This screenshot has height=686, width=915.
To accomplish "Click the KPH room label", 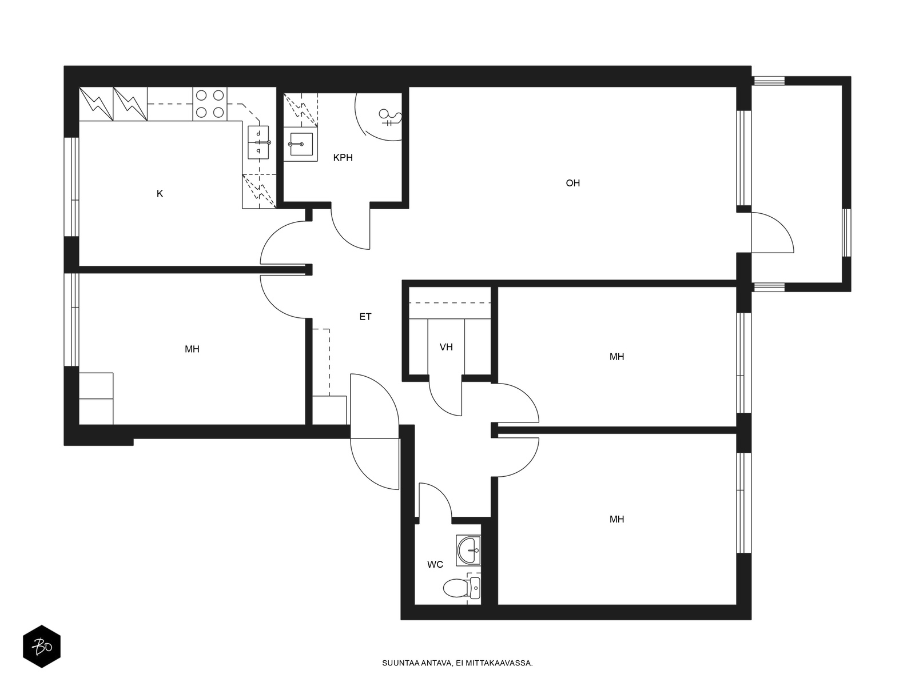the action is click(343, 157).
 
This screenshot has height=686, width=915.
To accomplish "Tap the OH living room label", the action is click(572, 183).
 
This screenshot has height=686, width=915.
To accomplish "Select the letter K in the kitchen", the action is click(160, 193).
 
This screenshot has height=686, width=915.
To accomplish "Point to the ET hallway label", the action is click(365, 317).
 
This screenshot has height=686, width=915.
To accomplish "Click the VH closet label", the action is click(446, 347).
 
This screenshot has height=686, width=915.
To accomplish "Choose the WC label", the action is click(435, 564).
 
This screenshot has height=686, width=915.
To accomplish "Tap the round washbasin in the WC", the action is click(468, 550).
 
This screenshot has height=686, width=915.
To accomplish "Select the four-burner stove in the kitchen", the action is click(210, 104).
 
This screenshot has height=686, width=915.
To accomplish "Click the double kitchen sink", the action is click(258, 142).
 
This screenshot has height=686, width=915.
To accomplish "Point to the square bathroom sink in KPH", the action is click(301, 144).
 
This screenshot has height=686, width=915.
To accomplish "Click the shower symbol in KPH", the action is click(390, 117).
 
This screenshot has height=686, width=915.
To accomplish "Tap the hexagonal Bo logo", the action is click(42, 647).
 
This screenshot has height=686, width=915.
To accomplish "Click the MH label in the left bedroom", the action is click(192, 349).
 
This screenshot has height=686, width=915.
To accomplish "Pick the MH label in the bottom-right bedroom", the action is click(616, 519).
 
